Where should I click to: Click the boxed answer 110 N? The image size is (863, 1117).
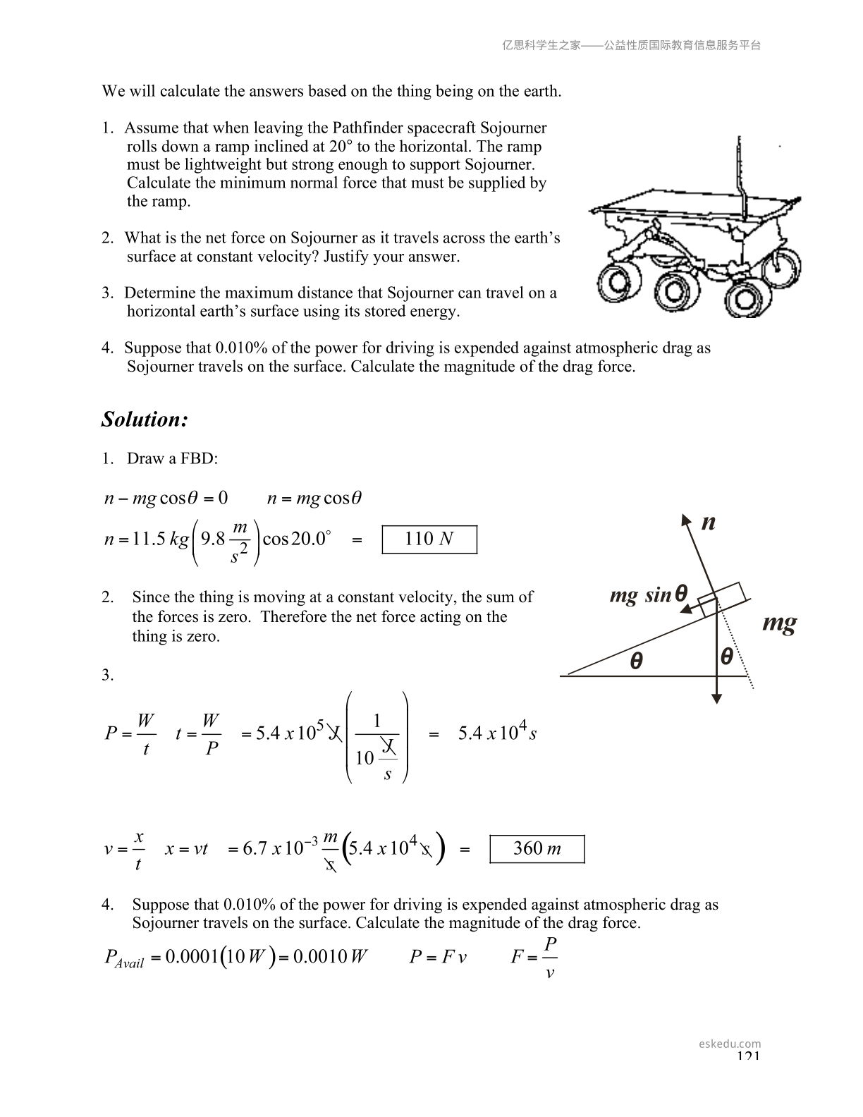coord(429,539)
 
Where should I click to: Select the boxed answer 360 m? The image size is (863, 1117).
coord(537,848)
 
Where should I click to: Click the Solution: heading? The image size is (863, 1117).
coord(145,419)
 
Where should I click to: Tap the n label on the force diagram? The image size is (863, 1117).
coord(709,523)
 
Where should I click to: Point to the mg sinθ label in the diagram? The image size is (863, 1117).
coord(648,595)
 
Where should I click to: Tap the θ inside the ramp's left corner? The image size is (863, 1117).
coord(636,661)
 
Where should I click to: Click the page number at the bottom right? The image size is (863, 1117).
coord(748,1056)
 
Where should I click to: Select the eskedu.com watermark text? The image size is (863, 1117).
coord(730,1044)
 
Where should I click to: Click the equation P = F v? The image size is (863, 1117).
coord(438,957)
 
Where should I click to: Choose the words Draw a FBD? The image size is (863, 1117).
coord(172,458)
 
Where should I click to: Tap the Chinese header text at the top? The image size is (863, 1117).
coord(631,45)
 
